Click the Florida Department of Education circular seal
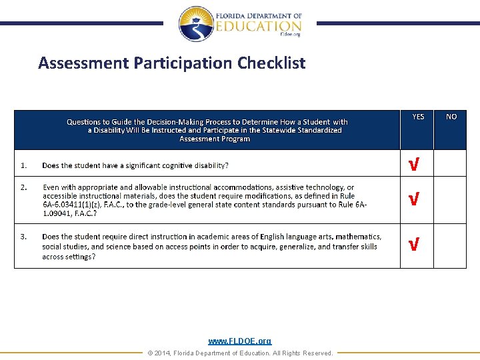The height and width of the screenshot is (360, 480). click(x=196, y=24)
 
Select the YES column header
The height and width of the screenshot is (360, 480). click(x=418, y=117)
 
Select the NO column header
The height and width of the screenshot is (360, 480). click(x=451, y=117)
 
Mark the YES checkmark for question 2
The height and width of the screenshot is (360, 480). click(x=414, y=199)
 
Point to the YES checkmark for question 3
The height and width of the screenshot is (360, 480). click(x=414, y=245)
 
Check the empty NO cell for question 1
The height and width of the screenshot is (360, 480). click(x=450, y=163)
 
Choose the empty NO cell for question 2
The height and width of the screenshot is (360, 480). click(x=450, y=199)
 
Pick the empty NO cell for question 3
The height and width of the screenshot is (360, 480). click(x=450, y=245)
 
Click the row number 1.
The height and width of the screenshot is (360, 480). click(x=23, y=165)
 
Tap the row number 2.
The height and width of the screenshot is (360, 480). click(x=23, y=187)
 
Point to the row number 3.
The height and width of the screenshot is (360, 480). click(x=23, y=237)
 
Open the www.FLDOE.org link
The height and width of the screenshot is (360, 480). click(x=240, y=341)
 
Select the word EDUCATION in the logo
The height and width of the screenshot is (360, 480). click(x=259, y=27)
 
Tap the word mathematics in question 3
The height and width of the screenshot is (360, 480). click(x=358, y=237)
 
